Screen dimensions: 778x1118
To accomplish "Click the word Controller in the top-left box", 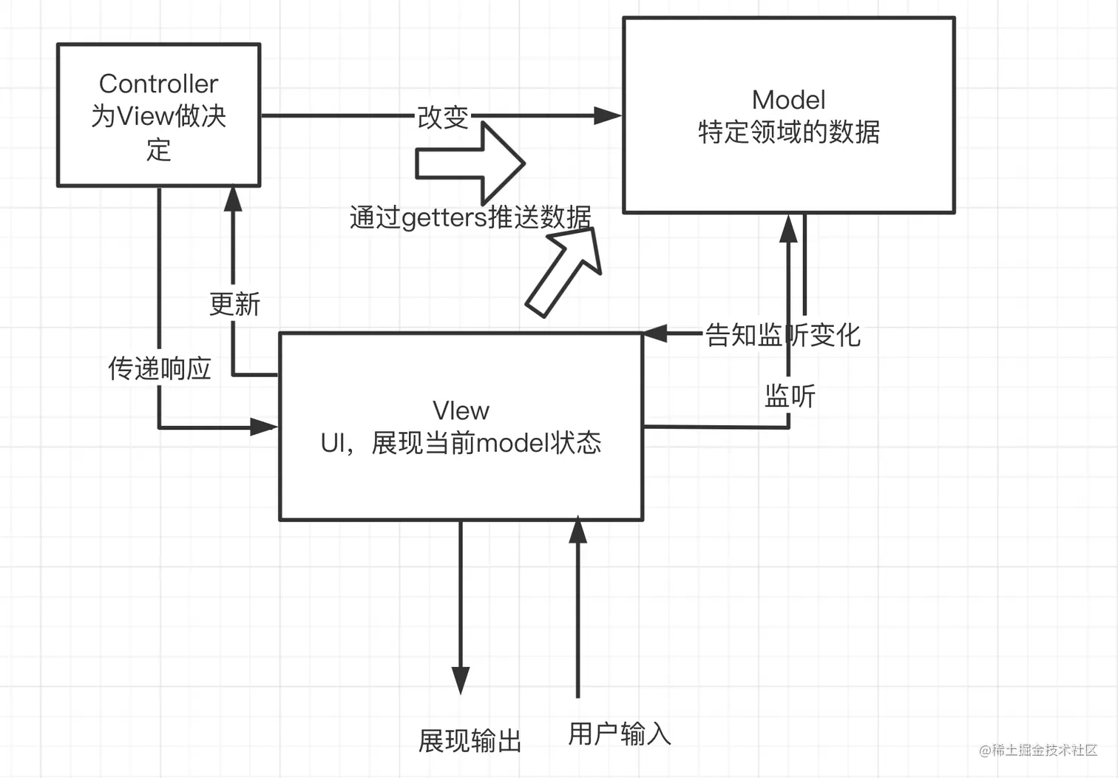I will click(x=158, y=84).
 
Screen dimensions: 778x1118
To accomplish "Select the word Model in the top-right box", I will click(x=788, y=100).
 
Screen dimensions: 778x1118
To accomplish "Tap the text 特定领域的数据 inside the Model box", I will click(x=788, y=132).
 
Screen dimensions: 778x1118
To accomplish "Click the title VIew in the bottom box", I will click(x=461, y=410).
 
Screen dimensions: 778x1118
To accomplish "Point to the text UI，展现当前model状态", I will click(x=461, y=443).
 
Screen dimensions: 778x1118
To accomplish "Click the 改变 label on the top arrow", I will click(x=443, y=117).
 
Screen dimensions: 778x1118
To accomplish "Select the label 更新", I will click(x=234, y=304).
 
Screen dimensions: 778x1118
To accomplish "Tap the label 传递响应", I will click(x=160, y=368).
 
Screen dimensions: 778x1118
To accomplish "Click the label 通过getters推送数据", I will click(x=470, y=217).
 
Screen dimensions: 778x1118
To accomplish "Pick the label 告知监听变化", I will click(x=782, y=335).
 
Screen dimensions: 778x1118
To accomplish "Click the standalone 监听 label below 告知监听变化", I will click(x=789, y=396).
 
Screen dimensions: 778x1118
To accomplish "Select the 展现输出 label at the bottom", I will click(x=470, y=740).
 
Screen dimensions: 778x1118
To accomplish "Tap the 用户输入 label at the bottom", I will click(x=620, y=734).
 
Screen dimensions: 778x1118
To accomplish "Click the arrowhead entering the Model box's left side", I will click(x=607, y=115).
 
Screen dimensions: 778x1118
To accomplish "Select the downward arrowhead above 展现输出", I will click(x=461, y=679).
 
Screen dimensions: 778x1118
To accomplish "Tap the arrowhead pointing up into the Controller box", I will click(x=234, y=198).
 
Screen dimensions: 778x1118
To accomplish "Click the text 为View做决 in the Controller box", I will click(x=158, y=116).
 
